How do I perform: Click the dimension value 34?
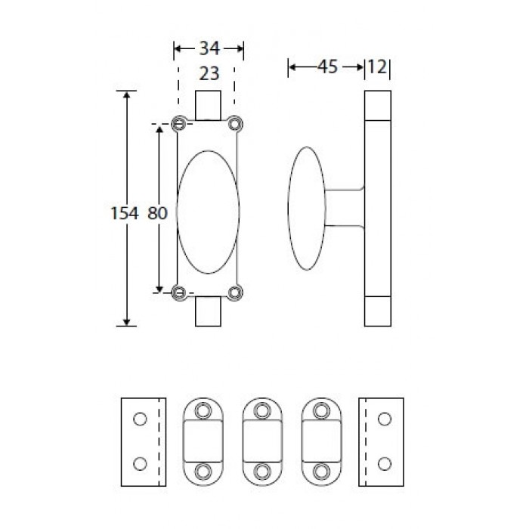(209, 48)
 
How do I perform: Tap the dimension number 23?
(209, 73)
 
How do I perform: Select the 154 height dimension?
(125, 213)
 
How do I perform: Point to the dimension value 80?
(157, 213)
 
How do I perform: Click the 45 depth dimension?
(327, 67)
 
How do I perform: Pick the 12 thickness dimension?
(377, 67)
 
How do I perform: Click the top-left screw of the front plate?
(179, 124)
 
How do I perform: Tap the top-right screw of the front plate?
(235, 124)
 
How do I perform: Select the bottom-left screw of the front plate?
(179, 292)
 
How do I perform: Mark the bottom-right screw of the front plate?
(235, 292)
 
